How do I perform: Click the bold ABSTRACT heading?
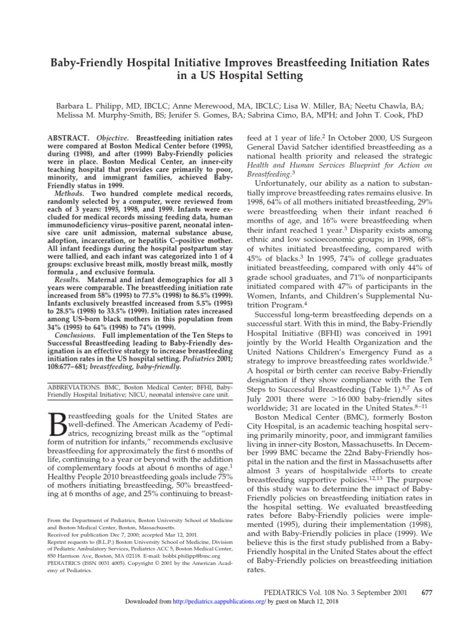point(68,138)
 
